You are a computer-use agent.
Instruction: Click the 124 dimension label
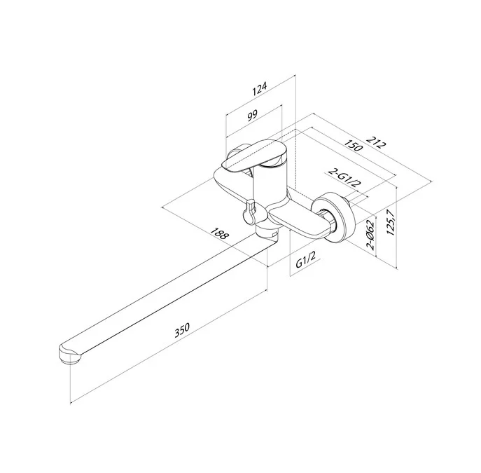pyautogui.click(x=260, y=89)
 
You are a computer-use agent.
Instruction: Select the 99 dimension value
pyautogui.click(x=253, y=116)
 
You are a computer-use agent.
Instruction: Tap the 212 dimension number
pyautogui.click(x=375, y=142)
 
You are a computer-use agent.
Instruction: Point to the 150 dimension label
pyautogui.click(x=354, y=146)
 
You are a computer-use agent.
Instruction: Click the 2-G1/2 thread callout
pyautogui.click(x=344, y=178)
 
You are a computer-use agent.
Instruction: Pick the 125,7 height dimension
pyautogui.click(x=391, y=222)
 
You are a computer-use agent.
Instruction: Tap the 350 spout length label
pyautogui.click(x=182, y=330)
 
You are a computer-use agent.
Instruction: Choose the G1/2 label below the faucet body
pyautogui.click(x=305, y=259)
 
